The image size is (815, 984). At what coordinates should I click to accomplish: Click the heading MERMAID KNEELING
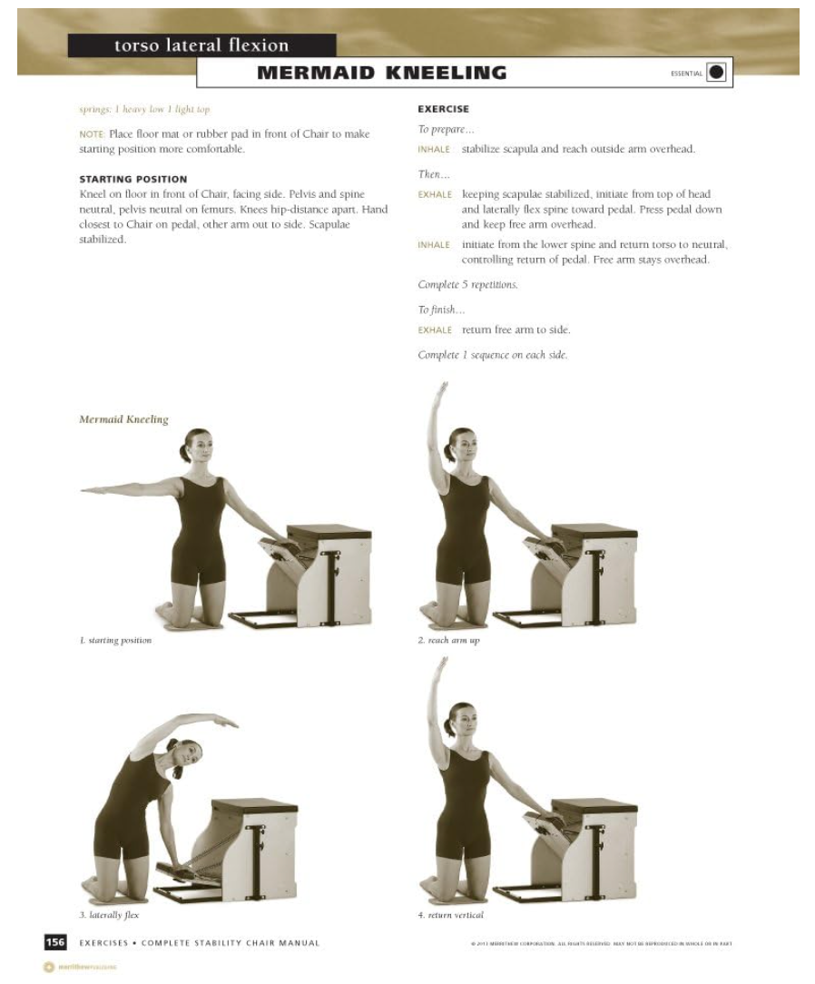381,73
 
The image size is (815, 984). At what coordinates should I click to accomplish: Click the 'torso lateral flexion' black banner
201,45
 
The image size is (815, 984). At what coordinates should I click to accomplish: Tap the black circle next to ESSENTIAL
716,73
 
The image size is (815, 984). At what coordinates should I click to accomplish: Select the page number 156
55,942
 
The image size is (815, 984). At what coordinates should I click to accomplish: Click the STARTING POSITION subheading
133,179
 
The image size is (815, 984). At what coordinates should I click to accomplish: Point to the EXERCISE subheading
443,109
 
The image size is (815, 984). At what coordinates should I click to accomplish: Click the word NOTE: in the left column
92,134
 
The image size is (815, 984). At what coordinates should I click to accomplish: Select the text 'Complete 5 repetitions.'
467,284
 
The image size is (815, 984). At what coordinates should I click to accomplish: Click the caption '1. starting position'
115,641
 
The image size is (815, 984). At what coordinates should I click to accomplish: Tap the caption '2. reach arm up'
448,641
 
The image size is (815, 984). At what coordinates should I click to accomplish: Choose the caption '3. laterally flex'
109,915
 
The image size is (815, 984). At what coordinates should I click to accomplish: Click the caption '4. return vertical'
450,915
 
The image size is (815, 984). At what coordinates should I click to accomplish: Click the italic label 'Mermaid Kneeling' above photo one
123,419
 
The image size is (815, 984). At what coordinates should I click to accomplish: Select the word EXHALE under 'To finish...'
435,330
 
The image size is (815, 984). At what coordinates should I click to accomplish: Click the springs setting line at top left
145,109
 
